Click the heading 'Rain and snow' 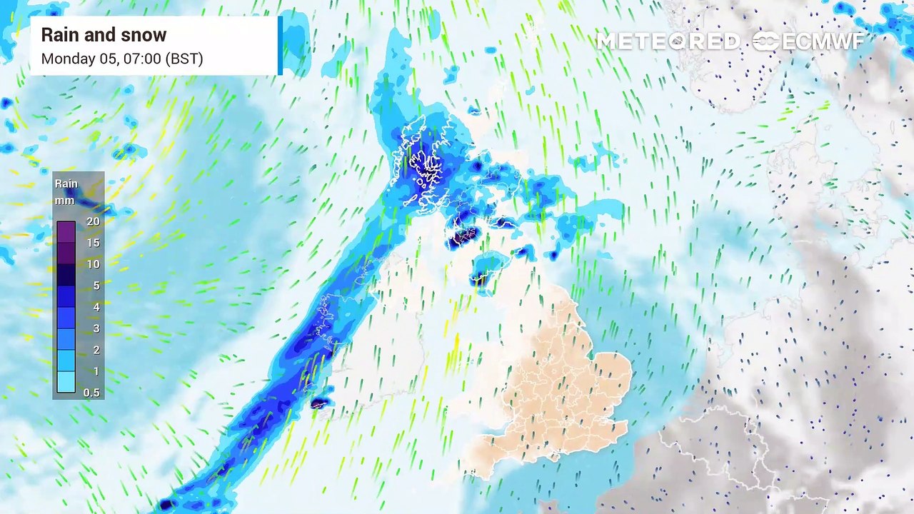pos(104,35)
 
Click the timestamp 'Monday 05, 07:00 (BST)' pos(122,59)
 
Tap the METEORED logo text pos(668,41)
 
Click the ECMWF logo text pos(823,41)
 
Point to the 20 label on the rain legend pos(92,221)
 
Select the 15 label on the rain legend pos(92,243)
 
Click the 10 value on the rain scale pos(92,264)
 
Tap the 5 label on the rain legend pos(95,286)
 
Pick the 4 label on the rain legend pos(95,307)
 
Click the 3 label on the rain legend pos(95,328)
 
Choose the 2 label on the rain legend pos(95,350)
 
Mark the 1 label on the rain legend pos(95,371)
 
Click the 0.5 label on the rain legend pos(91,393)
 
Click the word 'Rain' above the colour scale pos(66,184)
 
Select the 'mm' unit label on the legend pos(65,201)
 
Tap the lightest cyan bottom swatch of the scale pos(66,383)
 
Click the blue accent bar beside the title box pos(280,45)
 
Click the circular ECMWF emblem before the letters pos(765,41)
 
